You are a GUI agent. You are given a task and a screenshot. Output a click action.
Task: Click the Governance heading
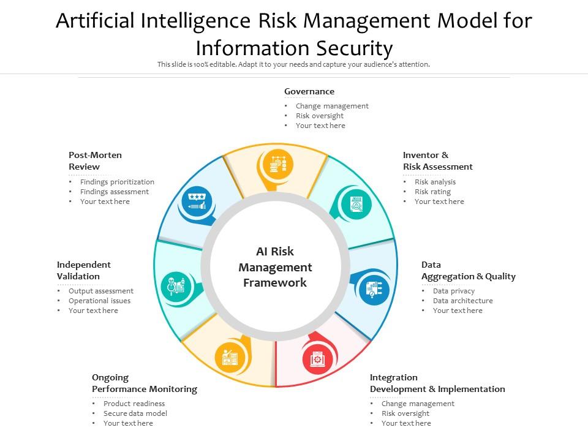click(x=309, y=91)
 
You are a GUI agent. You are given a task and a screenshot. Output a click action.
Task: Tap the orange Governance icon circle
click(x=278, y=165)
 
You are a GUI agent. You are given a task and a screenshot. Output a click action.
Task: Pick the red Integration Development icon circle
click(x=318, y=358)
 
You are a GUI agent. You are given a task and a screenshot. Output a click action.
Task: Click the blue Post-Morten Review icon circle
click(x=197, y=201)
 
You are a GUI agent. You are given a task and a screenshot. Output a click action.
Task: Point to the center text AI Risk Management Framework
click(x=275, y=267)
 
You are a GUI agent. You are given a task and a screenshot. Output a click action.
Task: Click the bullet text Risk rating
click(x=432, y=192)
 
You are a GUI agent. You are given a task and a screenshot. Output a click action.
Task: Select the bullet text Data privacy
click(x=454, y=291)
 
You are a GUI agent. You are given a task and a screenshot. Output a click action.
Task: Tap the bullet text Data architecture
click(x=462, y=301)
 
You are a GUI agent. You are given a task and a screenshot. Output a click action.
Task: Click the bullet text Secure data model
click(x=135, y=413)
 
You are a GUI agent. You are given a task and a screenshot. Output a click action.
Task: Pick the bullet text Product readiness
click(x=134, y=404)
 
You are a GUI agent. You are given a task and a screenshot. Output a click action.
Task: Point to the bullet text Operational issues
click(x=99, y=301)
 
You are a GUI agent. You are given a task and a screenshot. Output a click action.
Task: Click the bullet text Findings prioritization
click(x=117, y=182)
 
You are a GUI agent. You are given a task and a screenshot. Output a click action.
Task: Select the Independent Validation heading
click(x=84, y=270)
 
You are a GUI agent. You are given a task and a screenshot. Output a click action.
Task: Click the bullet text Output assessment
click(x=101, y=291)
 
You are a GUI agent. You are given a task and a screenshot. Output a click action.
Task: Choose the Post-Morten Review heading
click(x=95, y=160)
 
